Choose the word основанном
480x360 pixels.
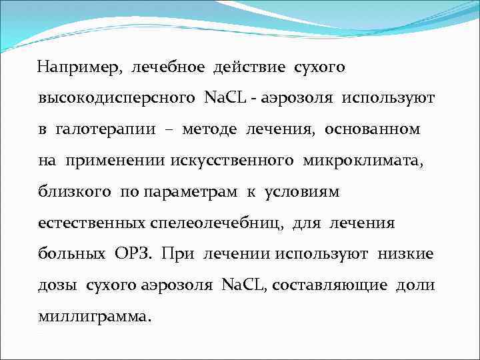click(372, 129)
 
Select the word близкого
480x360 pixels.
click(75, 192)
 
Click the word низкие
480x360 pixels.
click(405, 254)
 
